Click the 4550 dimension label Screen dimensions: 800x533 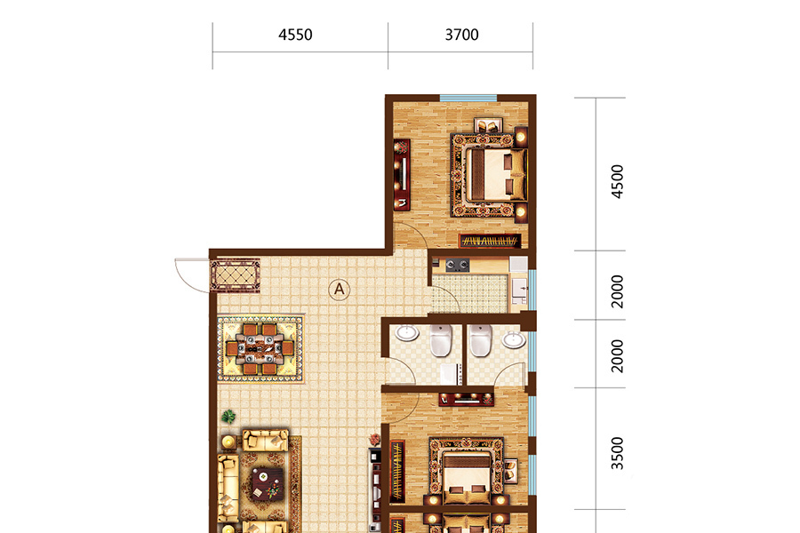pyautogui.click(x=295, y=35)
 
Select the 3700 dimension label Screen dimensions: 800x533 pyautogui.click(x=461, y=35)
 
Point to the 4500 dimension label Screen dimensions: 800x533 pyautogui.click(x=618, y=181)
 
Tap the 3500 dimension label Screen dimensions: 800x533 pyautogui.click(x=618, y=453)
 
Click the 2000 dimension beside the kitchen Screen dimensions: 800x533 pyautogui.click(x=618, y=291)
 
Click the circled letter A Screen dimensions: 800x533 pyautogui.click(x=340, y=290)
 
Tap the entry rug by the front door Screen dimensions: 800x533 pyautogui.click(x=236, y=275)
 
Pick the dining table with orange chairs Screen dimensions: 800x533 pyautogui.click(x=260, y=349)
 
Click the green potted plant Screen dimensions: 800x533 pyautogui.click(x=229, y=417)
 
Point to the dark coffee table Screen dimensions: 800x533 pyautogui.click(x=268, y=484)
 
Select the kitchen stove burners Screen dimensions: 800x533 pyautogui.click(x=457, y=265)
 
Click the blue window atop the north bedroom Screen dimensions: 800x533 pyautogui.click(x=468, y=98)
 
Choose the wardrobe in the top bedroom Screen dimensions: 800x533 pyautogui.click(x=490, y=241)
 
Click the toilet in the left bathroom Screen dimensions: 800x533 pyautogui.click(x=441, y=339)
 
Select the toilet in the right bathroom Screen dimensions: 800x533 pyautogui.click(x=480, y=339)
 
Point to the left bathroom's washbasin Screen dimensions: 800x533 pyautogui.click(x=407, y=333)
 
